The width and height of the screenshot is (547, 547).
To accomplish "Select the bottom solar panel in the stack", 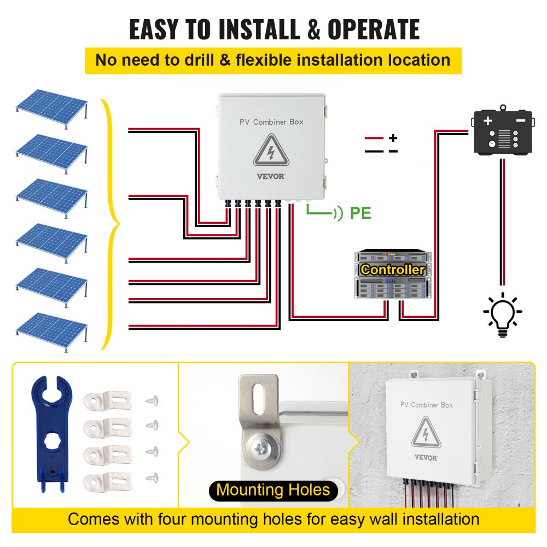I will tap(51, 328).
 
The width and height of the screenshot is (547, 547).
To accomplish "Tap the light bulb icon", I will tap(502, 315).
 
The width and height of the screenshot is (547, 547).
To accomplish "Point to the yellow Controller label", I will tap(393, 270).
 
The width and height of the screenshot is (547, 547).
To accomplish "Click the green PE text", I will tap(360, 213).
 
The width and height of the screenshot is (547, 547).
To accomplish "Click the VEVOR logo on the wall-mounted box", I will tap(426, 457).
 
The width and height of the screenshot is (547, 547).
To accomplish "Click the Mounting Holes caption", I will tap(273, 490).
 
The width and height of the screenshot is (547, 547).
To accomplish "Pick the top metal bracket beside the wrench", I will tap(108, 400).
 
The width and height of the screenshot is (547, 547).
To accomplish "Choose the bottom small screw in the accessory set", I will tap(152, 477).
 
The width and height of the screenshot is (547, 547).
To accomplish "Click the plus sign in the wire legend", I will tap(393, 138).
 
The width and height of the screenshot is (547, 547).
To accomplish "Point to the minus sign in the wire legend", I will tap(393, 151).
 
